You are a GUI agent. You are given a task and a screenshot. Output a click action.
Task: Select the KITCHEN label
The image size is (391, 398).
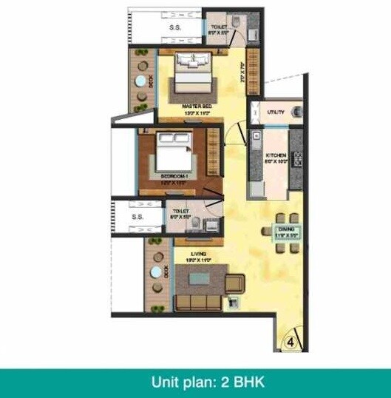[x=276, y=156]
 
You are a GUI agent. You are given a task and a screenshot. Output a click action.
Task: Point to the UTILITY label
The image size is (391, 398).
[x=276, y=112]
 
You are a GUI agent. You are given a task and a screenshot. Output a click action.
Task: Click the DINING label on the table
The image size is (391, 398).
[x=286, y=230]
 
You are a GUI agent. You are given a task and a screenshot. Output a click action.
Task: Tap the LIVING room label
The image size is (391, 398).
[x=196, y=255]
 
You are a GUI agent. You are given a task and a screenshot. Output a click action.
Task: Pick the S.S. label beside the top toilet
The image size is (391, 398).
[x=175, y=28]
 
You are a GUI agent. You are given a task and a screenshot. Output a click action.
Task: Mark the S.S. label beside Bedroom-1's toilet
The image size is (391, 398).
[x=137, y=217]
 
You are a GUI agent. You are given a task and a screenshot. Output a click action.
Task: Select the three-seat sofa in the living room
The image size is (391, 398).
[x=194, y=303]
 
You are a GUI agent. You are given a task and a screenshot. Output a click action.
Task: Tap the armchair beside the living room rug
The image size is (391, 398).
[x=235, y=282]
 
